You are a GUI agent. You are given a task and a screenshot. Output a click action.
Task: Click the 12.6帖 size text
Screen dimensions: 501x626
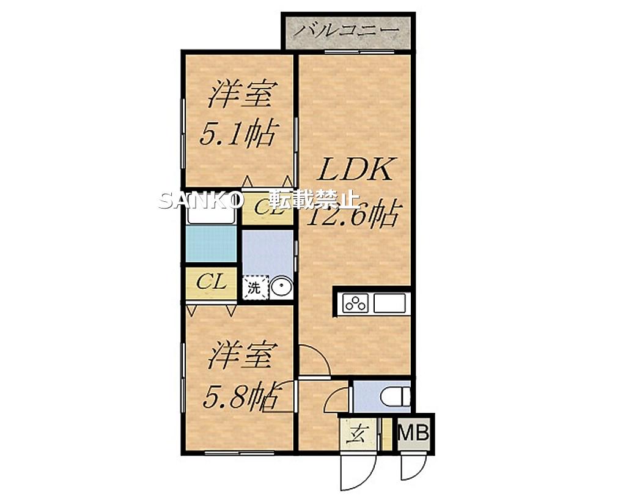pos(353,215)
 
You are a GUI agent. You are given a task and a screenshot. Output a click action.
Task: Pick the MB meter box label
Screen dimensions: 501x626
pos(414,434)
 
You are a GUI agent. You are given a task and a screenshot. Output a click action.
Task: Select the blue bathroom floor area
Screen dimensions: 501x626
pos(211,244)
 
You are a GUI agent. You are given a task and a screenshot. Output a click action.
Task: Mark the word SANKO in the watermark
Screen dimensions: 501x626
pos(202,201)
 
